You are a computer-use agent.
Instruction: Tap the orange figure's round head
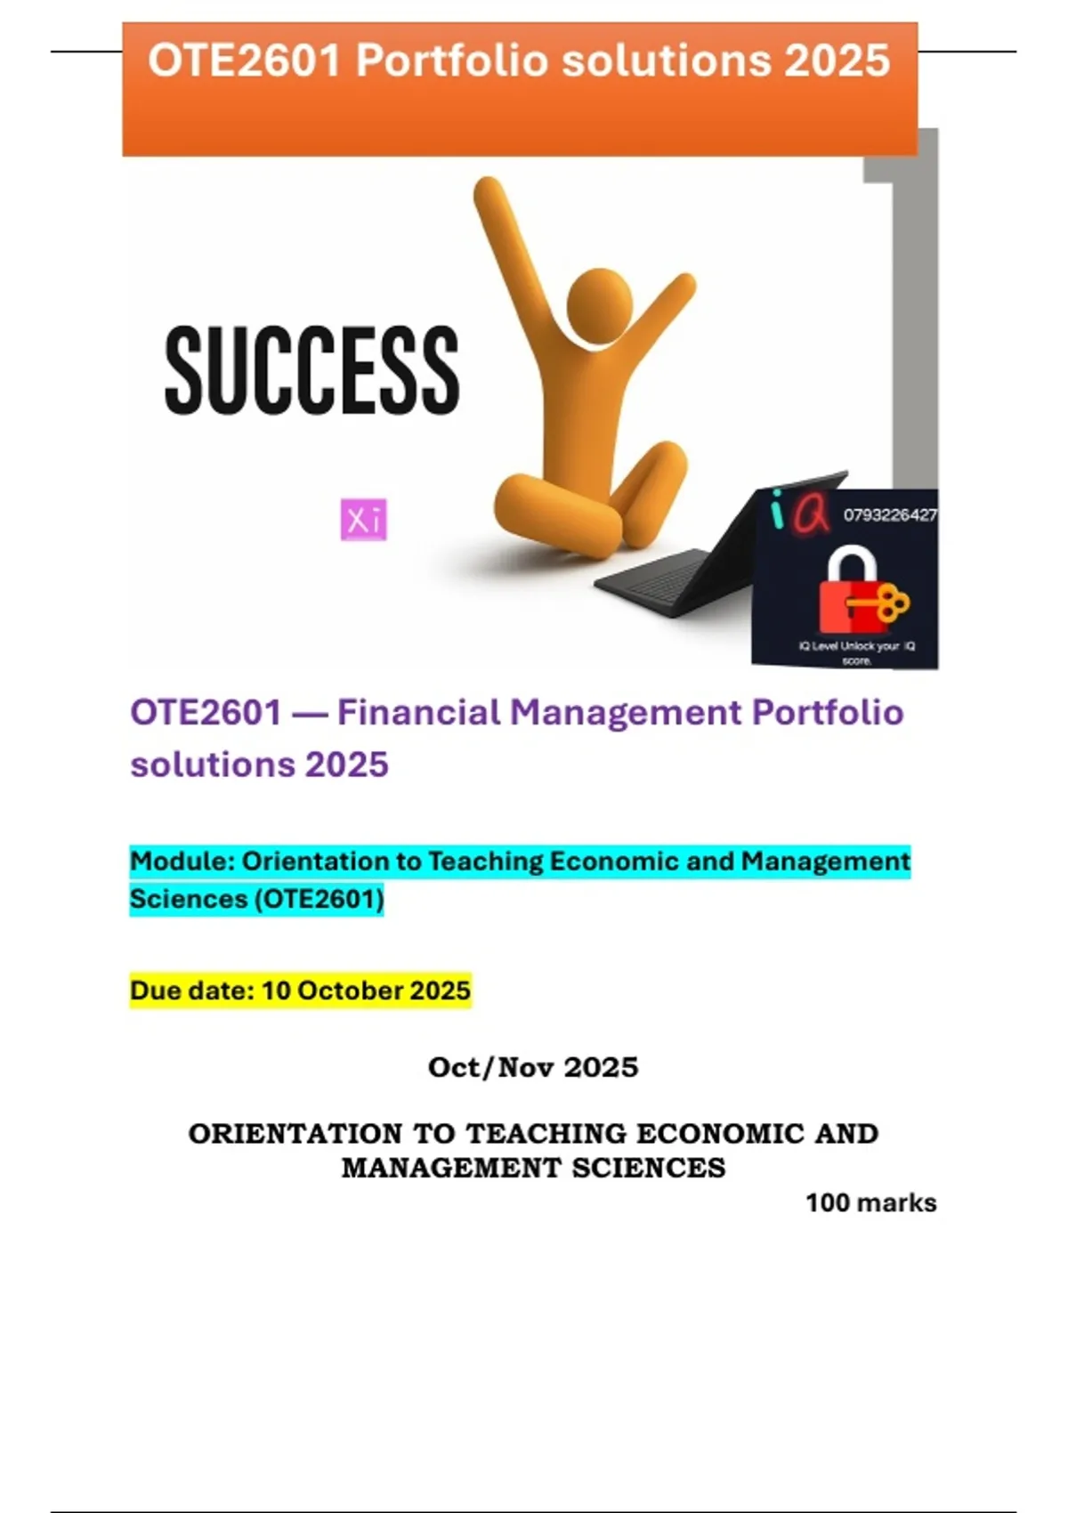(x=599, y=301)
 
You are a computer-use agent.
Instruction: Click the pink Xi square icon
(x=363, y=520)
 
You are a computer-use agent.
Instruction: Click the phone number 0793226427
(x=890, y=515)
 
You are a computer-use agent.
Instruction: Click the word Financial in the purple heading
(x=419, y=713)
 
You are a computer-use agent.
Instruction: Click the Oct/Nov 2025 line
(x=533, y=1067)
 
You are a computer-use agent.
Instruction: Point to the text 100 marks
(x=870, y=1203)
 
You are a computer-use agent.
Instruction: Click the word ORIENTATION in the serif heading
(x=295, y=1134)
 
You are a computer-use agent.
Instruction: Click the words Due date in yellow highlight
(x=192, y=991)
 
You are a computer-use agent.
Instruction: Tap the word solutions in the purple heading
(x=212, y=765)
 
